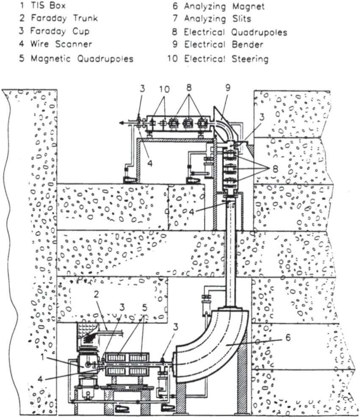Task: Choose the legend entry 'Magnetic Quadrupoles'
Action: click(76, 58)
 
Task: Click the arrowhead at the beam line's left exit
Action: click(121, 123)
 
